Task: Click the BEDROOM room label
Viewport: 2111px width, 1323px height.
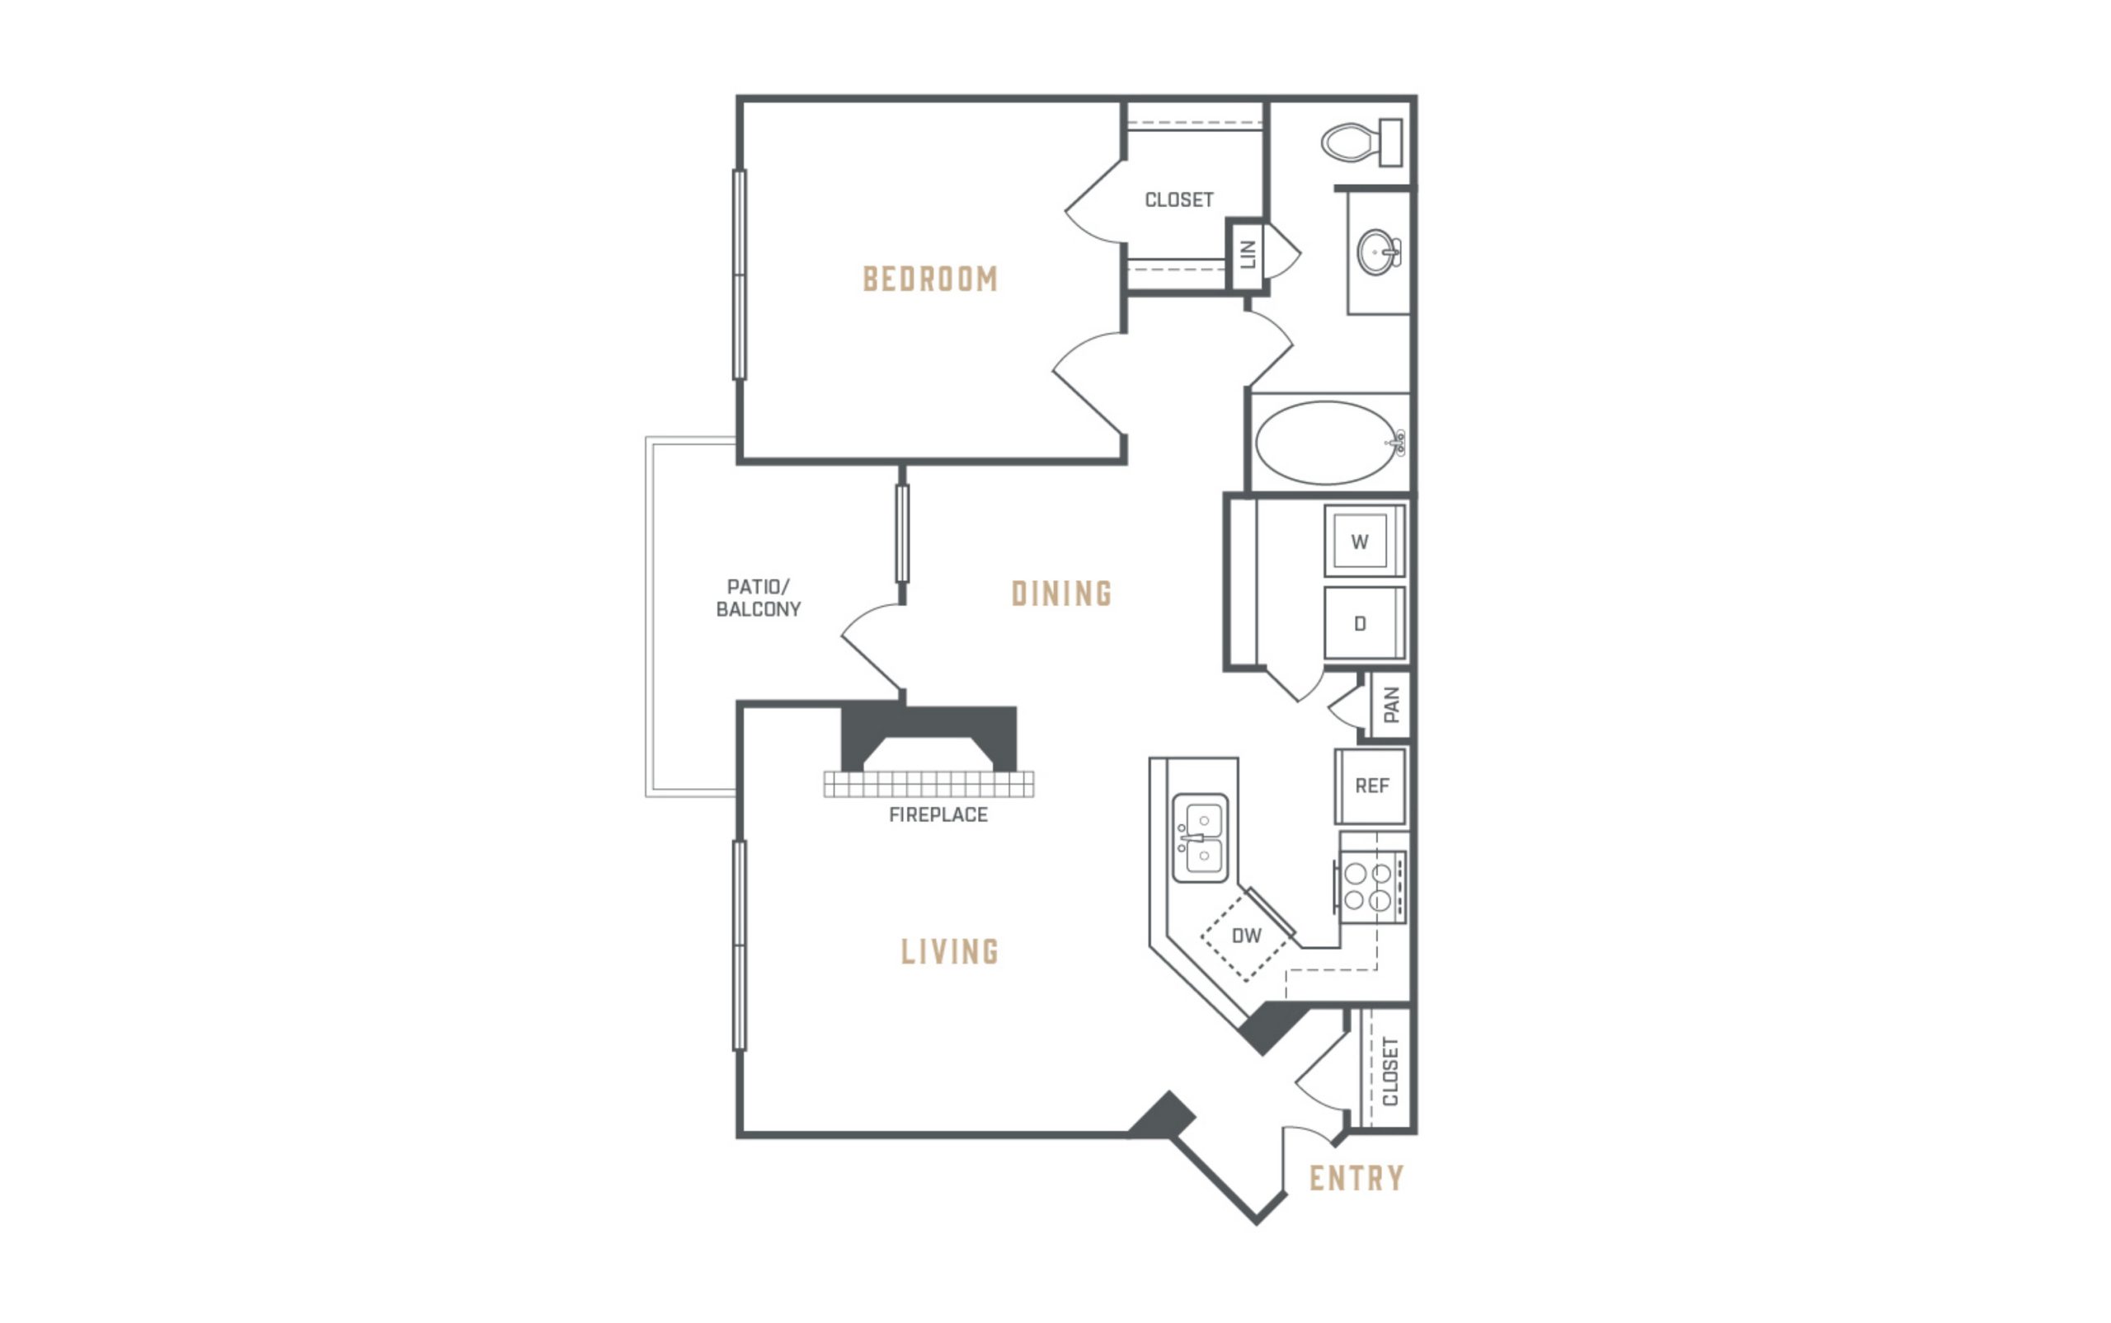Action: point(930,279)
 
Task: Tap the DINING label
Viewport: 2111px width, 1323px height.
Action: point(1061,593)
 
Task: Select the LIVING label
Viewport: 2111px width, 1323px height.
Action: point(950,951)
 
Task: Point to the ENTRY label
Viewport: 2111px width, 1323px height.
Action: point(1356,1179)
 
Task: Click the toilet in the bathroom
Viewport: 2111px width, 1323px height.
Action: point(1361,142)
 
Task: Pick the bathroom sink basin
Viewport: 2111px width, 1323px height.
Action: point(1379,252)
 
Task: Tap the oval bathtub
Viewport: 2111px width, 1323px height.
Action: point(1328,443)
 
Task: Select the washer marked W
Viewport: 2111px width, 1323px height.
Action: point(1365,541)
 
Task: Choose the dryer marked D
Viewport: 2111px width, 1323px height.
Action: point(1365,623)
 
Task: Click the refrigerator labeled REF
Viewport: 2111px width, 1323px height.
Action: point(1371,786)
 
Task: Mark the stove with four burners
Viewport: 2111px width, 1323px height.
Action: point(1370,886)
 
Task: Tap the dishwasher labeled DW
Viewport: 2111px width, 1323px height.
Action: point(1246,936)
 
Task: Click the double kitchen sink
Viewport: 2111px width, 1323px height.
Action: point(1200,838)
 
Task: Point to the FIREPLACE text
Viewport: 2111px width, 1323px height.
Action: point(938,814)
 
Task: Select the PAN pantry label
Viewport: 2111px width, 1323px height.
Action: point(1392,705)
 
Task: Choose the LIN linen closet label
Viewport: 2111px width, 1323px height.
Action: point(1248,254)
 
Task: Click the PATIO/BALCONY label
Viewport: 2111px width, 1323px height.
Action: point(758,598)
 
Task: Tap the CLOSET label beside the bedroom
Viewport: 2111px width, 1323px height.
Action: point(1179,199)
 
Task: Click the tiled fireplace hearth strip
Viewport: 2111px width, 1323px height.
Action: point(929,784)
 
